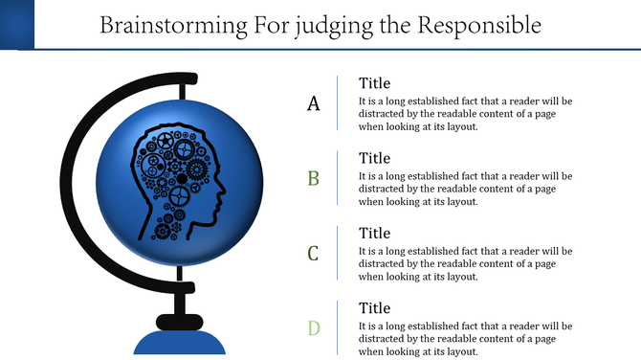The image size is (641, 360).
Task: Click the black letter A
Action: pyautogui.click(x=313, y=103)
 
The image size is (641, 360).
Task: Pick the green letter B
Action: pyautogui.click(x=313, y=178)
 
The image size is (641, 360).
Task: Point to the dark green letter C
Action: pyautogui.click(x=313, y=254)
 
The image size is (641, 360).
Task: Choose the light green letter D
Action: pyautogui.click(x=313, y=328)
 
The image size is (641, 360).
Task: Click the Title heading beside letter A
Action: pyautogui.click(x=374, y=83)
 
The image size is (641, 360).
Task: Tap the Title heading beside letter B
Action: pyautogui.click(x=374, y=158)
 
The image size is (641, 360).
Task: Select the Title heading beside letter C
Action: pyautogui.click(x=374, y=233)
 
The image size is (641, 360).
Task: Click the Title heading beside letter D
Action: pyautogui.click(x=374, y=308)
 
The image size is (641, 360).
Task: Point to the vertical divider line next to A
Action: pyautogui.click(x=338, y=102)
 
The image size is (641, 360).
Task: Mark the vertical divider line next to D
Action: pyautogui.click(x=338, y=327)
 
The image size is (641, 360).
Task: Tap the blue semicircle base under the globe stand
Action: pyautogui.click(x=179, y=344)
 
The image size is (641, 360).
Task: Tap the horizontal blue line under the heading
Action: pyautogui.click(x=335, y=49)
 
